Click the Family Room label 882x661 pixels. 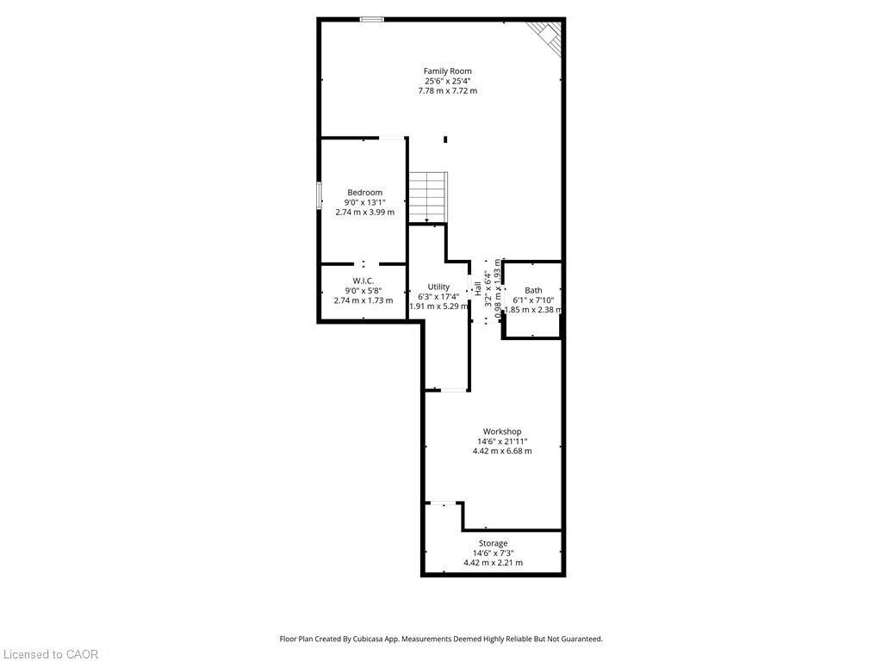447,71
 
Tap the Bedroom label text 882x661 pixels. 364,193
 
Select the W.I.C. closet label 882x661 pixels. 363,281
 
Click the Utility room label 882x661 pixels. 438,287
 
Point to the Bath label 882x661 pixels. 534,290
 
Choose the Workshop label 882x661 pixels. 502,431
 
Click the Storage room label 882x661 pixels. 493,543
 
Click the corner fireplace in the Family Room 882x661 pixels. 547,34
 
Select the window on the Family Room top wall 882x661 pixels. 372,19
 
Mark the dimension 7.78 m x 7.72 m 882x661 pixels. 447,90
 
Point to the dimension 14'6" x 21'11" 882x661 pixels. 502,441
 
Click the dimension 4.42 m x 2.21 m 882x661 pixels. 493,563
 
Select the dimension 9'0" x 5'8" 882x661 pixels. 363,291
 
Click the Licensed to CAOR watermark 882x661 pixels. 50,654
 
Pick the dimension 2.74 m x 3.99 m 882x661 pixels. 364,212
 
